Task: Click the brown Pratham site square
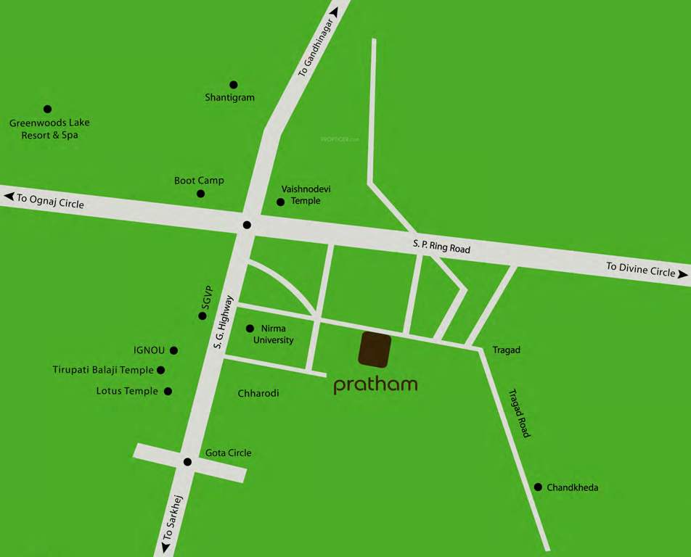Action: [375, 350]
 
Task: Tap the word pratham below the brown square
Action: [375, 384]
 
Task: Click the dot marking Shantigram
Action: [233, 85]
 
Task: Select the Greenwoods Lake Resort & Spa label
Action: [49, 129]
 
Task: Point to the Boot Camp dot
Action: [200, 194]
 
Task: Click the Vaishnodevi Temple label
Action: [306, 195]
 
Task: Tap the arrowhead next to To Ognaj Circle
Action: [9, 196]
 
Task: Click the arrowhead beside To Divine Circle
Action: [682, 273]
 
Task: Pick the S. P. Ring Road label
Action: [441, 247]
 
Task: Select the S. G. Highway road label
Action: [223, 321]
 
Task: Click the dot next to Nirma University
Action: [250, 329]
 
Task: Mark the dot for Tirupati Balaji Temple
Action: [160, 370]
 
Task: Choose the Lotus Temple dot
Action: [168, 391]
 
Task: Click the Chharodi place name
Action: [258, 393]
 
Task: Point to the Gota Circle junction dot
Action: [187, 461]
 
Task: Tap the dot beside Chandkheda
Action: [538, 487]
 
